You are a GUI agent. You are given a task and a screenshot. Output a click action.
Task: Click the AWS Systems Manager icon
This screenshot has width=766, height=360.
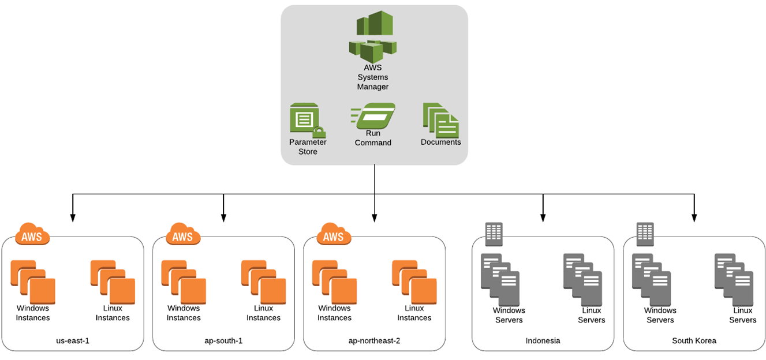pos(373,37)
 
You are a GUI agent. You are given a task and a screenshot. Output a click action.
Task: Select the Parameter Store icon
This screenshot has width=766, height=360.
pos(307,120)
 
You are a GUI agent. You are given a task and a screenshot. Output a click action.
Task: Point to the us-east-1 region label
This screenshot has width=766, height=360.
pos(73,340)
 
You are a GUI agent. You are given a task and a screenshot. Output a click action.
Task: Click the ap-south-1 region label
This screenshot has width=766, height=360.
pos(224,340)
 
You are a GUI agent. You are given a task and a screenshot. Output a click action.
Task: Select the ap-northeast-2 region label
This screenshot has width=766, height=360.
pos(375,340)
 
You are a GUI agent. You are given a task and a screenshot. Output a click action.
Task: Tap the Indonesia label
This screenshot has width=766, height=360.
pos(543,340)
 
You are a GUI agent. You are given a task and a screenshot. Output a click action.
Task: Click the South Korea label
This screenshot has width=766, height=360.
pos(694,340)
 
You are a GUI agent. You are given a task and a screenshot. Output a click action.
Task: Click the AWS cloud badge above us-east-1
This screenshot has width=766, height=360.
pos(32,235)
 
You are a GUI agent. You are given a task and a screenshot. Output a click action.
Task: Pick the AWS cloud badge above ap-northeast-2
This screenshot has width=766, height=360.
pos(334,235)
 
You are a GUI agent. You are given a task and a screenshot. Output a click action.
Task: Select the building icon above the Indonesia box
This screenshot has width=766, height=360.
pos(494,233)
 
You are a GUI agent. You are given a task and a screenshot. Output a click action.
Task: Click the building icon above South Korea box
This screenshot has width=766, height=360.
pos(645,233)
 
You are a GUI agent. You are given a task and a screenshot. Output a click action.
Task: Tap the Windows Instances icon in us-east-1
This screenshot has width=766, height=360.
pos(33,282)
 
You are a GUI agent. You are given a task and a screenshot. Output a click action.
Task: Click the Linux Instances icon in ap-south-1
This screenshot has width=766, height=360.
pos(263,282)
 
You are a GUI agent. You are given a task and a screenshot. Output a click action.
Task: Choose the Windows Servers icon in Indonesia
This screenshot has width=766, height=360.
pos(500,279)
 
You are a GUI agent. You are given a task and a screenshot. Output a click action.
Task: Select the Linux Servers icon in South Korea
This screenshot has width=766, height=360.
pos(734,279)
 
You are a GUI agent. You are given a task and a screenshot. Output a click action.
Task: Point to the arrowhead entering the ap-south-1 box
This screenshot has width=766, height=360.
pos(224,218)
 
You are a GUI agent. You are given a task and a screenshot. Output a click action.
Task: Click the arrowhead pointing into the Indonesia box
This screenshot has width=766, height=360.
pos(543,218)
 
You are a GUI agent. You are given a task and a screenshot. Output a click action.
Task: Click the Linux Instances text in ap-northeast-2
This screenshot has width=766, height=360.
pos(414,313)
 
